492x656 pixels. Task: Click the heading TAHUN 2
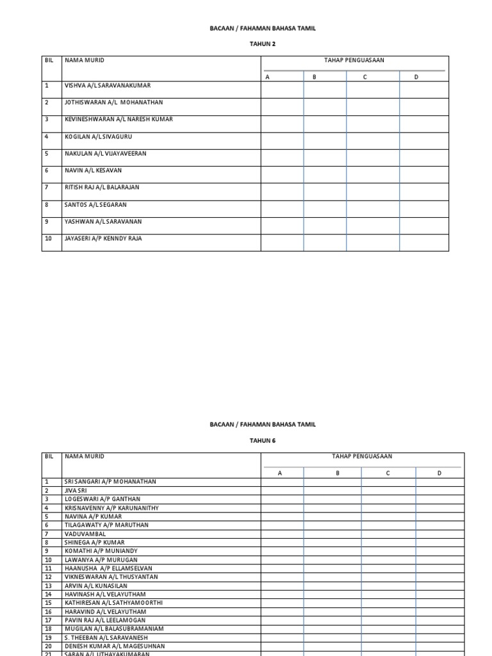point(263,45)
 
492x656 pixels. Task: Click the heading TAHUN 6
point(263,441)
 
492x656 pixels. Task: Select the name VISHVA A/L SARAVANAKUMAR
point(108,85)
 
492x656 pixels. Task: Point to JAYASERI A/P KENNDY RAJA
point(103,238)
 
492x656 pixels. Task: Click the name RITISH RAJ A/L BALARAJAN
point(102,187)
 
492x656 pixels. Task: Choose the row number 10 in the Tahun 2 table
point(48,238)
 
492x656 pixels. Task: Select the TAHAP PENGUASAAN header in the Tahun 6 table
point(362,457)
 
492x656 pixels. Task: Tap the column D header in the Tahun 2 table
point(416,77)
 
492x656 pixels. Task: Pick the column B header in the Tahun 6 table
point(338,473)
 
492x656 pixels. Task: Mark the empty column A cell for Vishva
point(282,90)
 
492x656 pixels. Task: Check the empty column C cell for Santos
point(373,209)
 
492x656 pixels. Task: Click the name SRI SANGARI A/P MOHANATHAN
point(110,481)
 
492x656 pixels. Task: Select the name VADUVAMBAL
point(85,534)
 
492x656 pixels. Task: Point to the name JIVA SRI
point(76,490)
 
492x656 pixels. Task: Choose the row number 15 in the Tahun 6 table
point(48,603)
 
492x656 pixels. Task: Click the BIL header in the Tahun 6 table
point(49,456)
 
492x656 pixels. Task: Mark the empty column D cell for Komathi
point(439,551)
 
